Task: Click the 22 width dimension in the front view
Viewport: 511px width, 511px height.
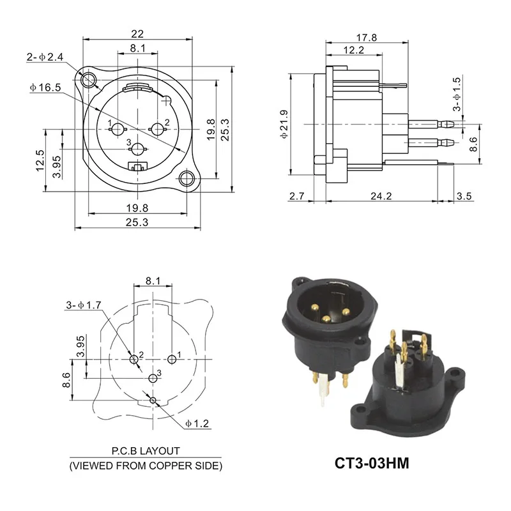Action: coord(137,34)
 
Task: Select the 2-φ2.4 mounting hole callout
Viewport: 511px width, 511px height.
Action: coord(45,57)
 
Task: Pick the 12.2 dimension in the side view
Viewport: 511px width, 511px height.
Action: coord(353,50)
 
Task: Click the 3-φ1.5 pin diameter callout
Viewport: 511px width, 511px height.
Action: coord(456,95)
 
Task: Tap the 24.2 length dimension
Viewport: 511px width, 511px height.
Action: coord(381,196)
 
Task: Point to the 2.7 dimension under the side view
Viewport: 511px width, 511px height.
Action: coord(296,196)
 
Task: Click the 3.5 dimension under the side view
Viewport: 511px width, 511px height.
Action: coord(464,196)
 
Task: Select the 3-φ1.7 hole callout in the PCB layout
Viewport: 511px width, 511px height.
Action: coord(84,305)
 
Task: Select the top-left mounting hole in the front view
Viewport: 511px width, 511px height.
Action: coord(89,80)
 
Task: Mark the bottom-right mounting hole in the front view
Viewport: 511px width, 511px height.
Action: coord(187,179)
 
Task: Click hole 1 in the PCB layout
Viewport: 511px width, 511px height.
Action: coord(171,360)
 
